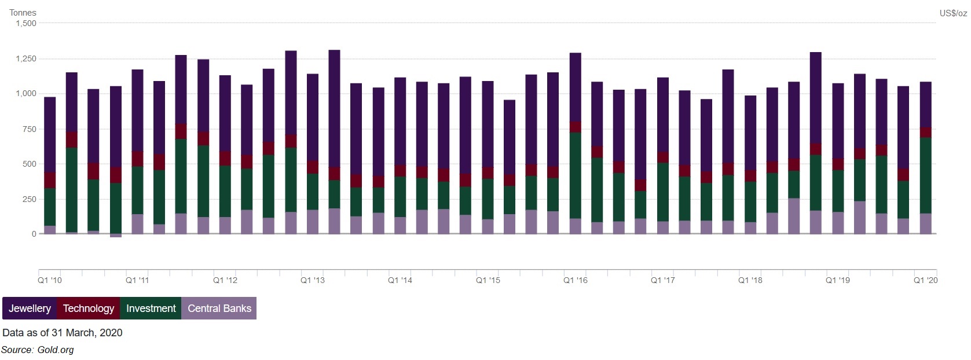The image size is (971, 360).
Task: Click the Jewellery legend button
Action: (30, 308)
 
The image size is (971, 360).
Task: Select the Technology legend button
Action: (89, 308)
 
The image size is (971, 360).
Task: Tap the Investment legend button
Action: (151, 308)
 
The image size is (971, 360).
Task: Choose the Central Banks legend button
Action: (219, 308)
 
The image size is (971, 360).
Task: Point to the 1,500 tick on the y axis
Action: (26, 24)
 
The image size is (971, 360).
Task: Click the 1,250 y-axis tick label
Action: (26, 58)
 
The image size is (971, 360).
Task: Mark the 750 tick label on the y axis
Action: (30, 129)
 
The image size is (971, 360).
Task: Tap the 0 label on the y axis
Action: (34, 234)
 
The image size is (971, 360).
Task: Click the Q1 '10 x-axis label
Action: (50, 280)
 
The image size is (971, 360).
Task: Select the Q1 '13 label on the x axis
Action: (313, 280)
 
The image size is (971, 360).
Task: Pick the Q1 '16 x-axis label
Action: (576, 280)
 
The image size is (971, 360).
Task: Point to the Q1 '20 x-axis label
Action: (925, 280)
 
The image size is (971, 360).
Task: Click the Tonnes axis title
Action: (23, 13)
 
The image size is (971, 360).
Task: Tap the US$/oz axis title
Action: (953, 13)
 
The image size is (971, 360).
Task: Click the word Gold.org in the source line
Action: (56, 350)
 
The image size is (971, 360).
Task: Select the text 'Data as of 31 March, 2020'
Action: (63, 333)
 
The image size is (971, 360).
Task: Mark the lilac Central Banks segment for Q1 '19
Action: (838, 223)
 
